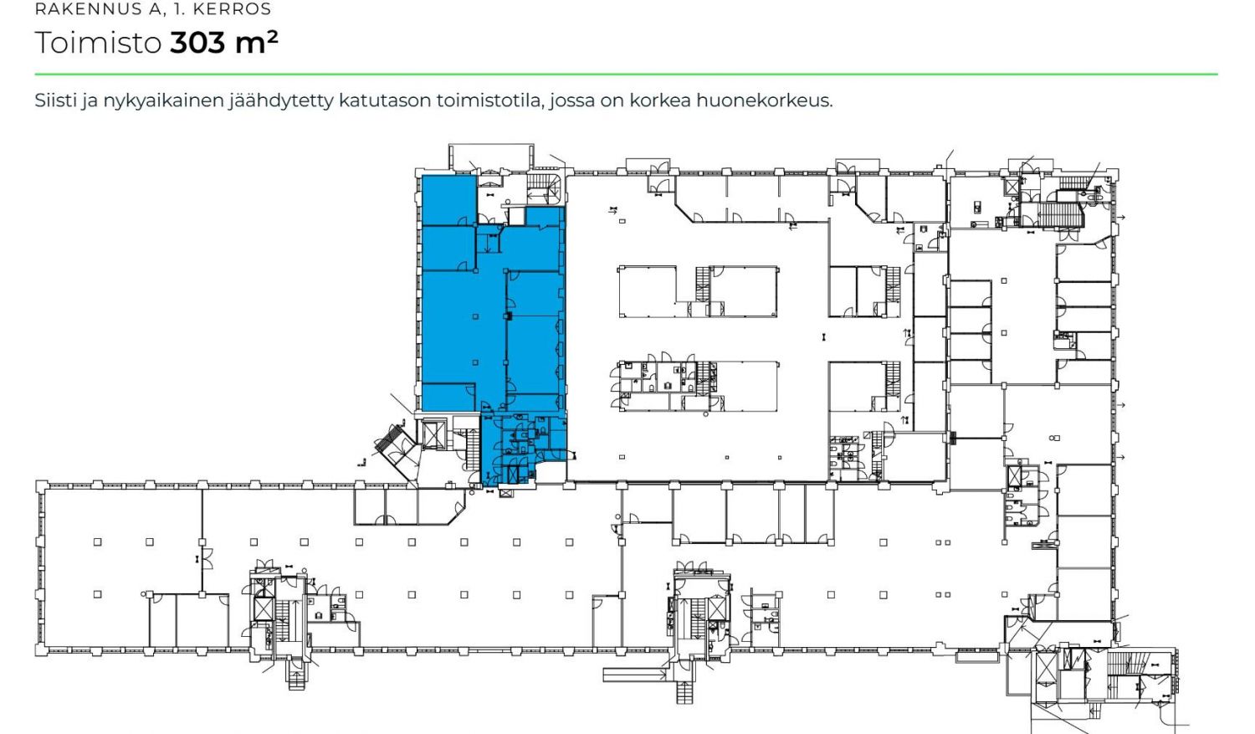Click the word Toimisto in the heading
98,43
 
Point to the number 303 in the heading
197,43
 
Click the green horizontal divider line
626,74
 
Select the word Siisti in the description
55,100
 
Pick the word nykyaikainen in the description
162,101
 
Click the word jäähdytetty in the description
280,101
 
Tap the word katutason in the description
385,100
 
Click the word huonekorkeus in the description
764,100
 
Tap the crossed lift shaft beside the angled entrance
433,435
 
